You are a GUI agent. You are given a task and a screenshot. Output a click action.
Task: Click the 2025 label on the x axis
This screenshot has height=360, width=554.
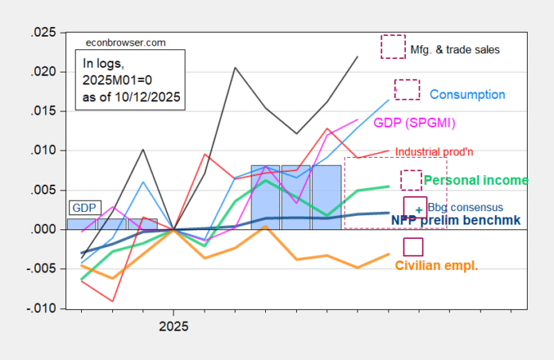(174, 327)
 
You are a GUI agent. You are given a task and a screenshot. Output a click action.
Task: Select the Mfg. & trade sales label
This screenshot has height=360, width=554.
(457, 49)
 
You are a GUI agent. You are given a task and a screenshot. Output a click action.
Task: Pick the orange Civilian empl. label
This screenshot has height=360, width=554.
(436, 265)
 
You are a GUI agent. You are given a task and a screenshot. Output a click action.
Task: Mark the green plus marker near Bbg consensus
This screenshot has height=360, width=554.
(419, 209)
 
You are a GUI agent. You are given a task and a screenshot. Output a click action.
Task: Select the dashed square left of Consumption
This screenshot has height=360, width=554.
(407, 89)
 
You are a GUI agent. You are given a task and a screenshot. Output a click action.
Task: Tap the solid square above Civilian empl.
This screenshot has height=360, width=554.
(413, 247)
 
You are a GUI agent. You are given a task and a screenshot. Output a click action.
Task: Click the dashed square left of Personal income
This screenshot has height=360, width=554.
(412, 180)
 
